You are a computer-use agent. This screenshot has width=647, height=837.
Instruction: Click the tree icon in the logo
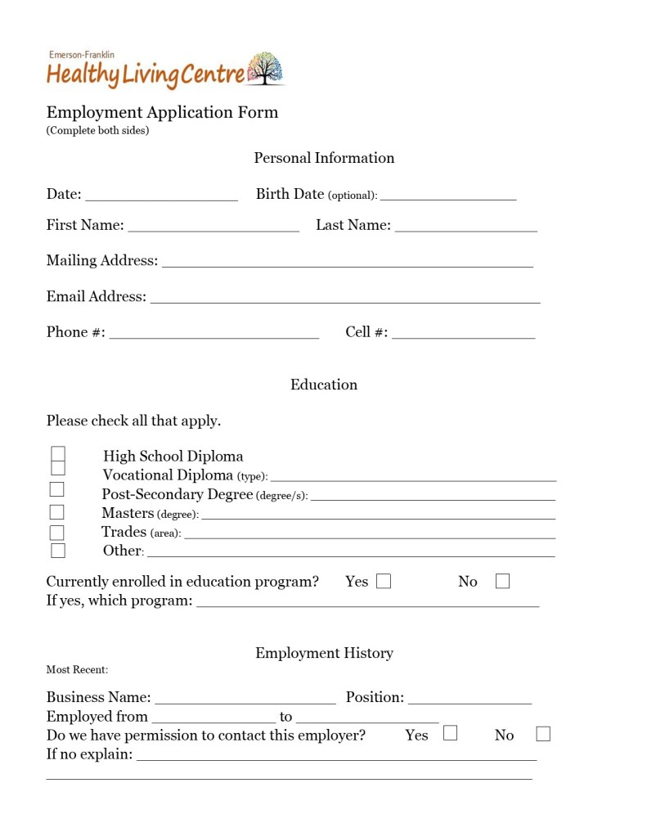[x=264, y=69]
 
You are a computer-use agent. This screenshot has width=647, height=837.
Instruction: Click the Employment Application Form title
[x=162, y=112]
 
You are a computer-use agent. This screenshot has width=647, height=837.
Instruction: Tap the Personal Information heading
[x=324, y=158]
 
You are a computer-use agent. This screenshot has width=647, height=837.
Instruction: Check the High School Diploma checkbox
[x=58, y=454]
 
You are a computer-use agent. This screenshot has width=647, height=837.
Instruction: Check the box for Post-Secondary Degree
[x=57, y=490]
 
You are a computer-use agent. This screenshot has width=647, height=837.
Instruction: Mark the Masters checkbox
[x=57, y=512]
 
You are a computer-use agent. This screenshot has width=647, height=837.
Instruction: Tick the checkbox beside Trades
[x=57, y=533]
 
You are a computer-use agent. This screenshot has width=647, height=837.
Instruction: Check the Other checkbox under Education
[x=58, y=551]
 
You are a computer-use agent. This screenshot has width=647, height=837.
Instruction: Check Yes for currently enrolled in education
[x=384, y=582]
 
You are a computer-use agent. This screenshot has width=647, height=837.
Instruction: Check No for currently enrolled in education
[x=502, y=582]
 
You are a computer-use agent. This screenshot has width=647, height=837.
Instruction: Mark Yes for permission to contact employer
[x=451, y=733]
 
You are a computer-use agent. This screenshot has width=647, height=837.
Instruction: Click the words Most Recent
[x=77, y=670]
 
